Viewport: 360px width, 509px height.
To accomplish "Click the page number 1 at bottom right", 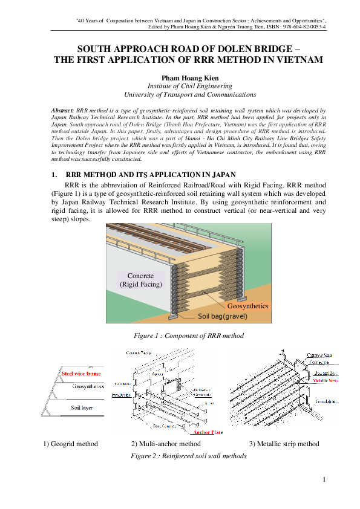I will point(324,481).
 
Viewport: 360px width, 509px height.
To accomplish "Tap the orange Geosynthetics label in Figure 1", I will point(247,306).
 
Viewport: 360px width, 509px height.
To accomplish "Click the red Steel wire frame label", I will point(81,374).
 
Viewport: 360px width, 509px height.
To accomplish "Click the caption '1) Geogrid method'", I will point(70,444).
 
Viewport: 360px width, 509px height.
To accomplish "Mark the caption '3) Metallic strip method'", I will point(284,444).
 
